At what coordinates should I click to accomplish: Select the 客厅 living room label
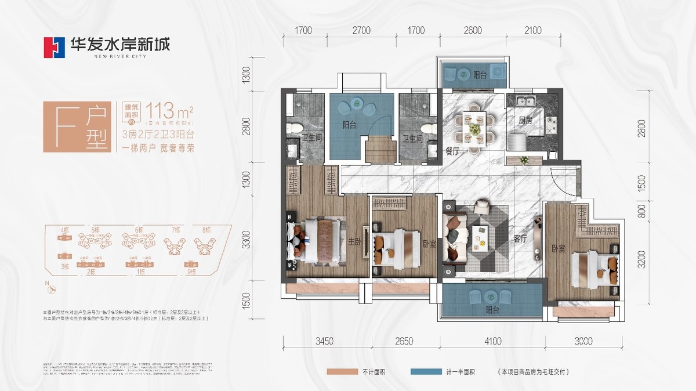(520, 238)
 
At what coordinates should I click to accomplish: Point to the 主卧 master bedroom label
(355, 244)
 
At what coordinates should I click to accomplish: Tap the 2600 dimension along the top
(473, 31)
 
